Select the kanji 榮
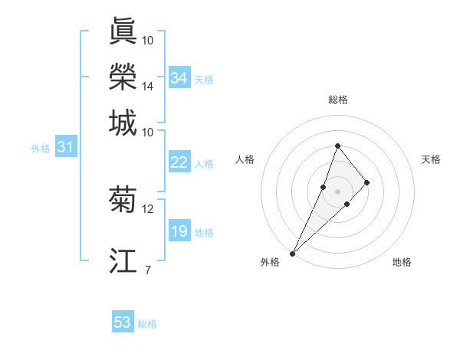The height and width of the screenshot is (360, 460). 123,77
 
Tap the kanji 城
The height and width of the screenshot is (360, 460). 123,123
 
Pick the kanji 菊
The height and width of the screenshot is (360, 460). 123,199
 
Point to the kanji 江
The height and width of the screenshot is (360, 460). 123,260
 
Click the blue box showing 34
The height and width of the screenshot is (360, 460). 179,78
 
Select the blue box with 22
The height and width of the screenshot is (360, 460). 179,162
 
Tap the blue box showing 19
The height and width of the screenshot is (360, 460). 179,231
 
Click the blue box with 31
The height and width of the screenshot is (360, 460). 64,147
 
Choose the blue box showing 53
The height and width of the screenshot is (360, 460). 123,322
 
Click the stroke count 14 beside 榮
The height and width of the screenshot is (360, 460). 147,87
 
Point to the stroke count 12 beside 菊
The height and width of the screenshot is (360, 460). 147,208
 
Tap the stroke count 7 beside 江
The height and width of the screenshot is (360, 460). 147,270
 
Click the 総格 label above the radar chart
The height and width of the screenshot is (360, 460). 337,100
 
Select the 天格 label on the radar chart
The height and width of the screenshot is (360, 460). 431,159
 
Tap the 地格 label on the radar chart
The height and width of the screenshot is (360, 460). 402,262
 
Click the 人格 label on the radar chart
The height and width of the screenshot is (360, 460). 245,159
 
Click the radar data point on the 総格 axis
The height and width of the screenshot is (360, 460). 337,146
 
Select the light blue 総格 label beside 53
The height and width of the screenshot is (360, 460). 147,324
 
